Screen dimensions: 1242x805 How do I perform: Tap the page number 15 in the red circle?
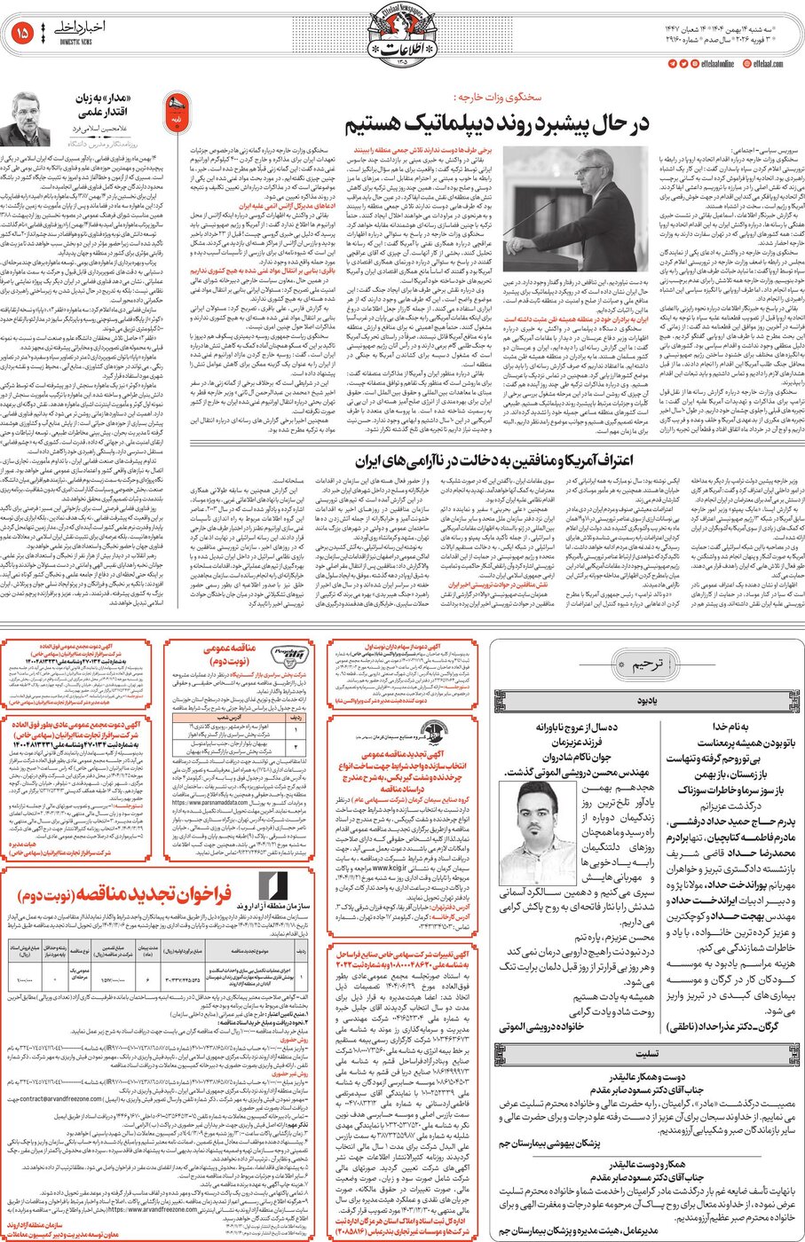click(x=23, y=34)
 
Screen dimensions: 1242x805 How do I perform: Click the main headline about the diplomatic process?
click(x=496, y=122)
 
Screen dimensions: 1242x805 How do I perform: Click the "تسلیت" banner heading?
click(x=646, y=1054)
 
